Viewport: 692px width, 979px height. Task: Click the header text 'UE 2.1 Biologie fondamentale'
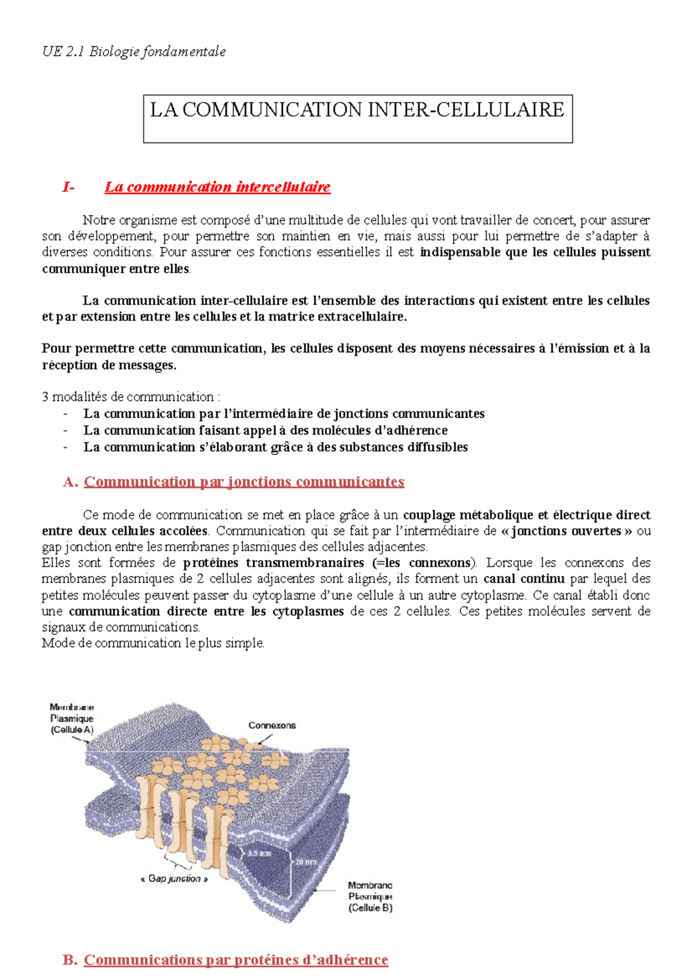coord(134,52)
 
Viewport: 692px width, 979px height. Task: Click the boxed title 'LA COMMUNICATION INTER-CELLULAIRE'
coord(357,110)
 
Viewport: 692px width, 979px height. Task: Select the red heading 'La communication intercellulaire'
coord(217,187)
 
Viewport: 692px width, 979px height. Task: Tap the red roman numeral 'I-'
coord(68,187)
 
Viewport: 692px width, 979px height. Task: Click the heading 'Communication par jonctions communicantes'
coord(244,481)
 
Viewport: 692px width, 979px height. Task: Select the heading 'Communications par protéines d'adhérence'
coord(236,959)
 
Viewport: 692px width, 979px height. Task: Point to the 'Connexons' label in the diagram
coord(272,725)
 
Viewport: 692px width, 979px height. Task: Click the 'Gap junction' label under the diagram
coord(174,879)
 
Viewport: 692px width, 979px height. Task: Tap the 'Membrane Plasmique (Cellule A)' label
coord(72,718)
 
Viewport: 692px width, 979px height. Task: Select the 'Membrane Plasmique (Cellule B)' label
coord(370,897)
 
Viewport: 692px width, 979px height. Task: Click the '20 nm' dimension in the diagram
coord(306,862)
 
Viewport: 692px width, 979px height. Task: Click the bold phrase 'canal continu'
coord(524,579)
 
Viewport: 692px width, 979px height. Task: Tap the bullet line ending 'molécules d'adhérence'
coord(265,430)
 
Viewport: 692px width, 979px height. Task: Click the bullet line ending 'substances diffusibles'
coord(275,447)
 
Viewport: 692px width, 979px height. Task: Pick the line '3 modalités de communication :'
coord(131,397)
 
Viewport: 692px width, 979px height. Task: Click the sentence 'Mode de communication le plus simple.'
coord(153,643)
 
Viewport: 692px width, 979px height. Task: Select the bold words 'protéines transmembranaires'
coord(273,563)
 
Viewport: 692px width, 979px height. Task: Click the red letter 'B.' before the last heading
coord(70,959)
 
